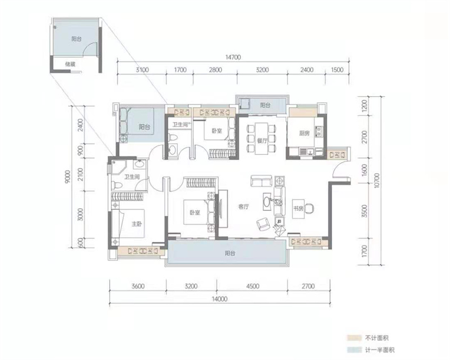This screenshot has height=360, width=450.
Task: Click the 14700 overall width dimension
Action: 233,57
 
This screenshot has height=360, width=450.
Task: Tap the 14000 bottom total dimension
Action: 219,299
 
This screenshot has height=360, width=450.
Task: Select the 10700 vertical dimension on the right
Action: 377,181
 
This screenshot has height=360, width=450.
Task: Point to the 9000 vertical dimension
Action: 67,177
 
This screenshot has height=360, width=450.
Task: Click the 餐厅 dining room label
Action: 262,141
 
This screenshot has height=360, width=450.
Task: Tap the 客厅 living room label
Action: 244,206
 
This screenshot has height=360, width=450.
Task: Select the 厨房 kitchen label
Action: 304,133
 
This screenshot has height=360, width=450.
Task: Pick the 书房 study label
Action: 298,209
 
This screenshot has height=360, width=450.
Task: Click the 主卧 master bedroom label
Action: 137,224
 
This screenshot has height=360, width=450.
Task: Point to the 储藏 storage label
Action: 70,64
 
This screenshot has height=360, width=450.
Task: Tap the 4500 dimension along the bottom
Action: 253,286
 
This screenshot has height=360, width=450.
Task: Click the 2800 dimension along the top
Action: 215,70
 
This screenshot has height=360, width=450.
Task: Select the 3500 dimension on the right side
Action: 364,211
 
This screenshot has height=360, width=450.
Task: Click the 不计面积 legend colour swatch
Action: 354,338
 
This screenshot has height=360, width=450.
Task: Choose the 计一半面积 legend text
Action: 380,350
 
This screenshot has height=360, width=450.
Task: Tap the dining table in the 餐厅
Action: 262,138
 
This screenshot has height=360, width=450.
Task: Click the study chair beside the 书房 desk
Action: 309,209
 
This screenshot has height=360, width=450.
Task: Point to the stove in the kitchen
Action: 318,131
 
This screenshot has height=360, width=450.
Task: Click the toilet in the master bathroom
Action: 116,184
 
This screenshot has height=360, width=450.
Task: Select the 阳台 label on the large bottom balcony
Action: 230,253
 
